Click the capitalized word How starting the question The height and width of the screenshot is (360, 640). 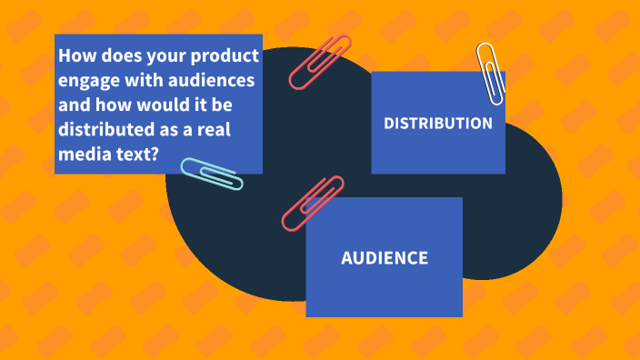75,56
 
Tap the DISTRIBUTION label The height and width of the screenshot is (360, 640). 438,123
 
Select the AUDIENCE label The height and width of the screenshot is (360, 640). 384,258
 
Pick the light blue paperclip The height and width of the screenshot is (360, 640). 212,174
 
